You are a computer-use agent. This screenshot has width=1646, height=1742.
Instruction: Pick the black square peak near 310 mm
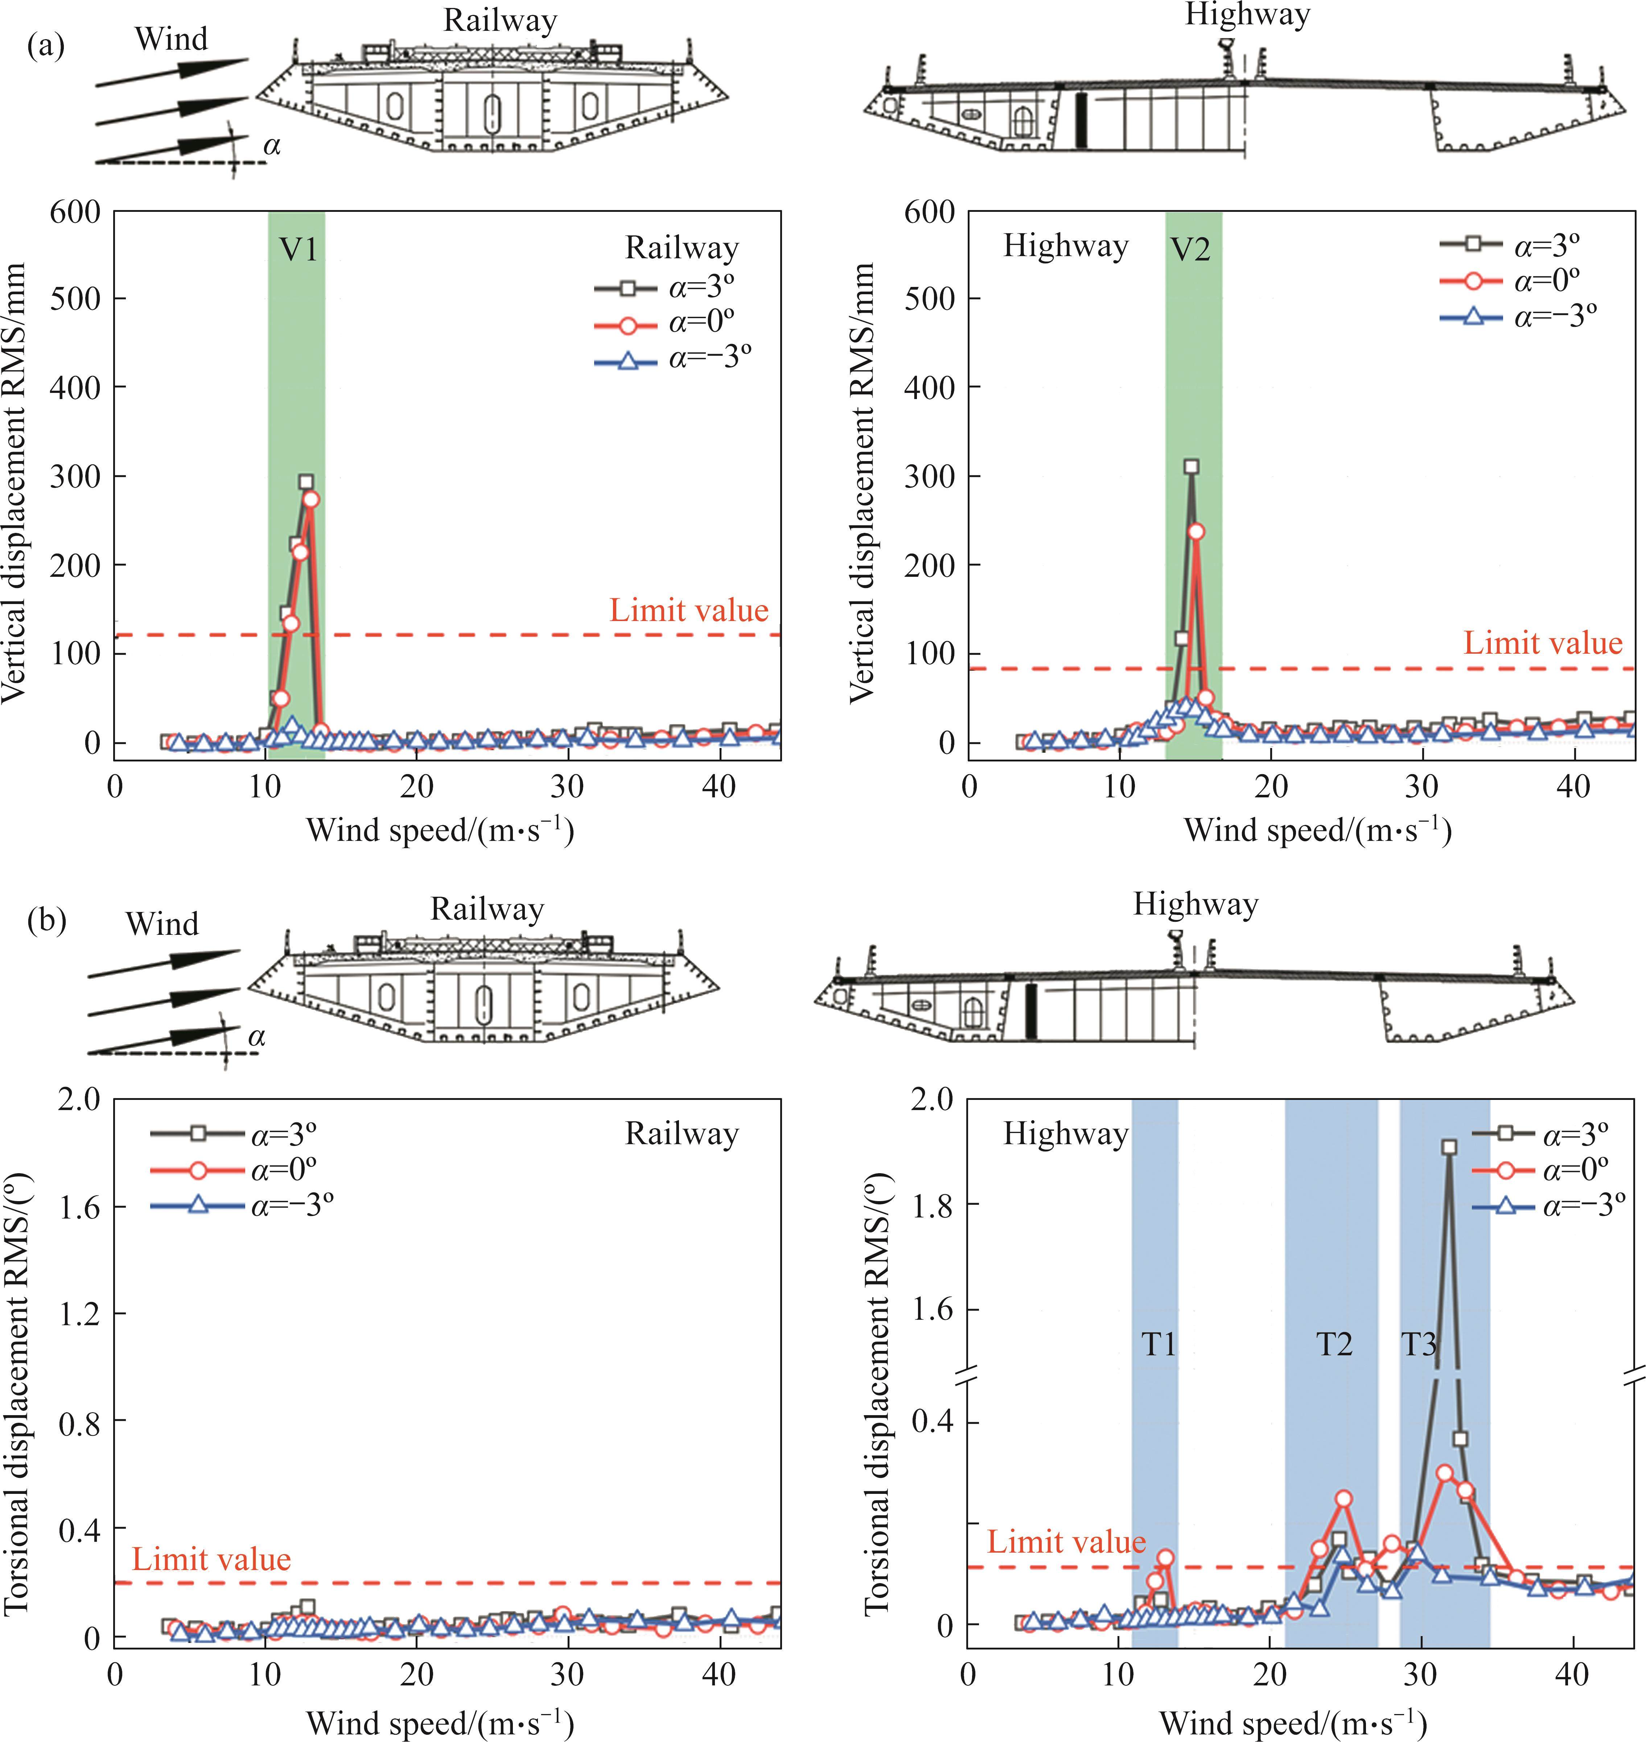pyautogui.click(x=1191, y=467)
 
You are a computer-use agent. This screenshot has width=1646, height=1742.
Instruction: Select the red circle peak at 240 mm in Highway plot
pyautogui.click(x=1195, y=531)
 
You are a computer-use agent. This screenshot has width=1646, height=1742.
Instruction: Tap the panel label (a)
pyautogui.click(x=46, y=46)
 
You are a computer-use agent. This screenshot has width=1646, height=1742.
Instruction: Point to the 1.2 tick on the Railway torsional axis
pyautogui.click(x=79, y=1314)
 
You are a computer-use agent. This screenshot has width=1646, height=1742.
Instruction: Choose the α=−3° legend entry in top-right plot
pyautogui.click(x=1518, y=316)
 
